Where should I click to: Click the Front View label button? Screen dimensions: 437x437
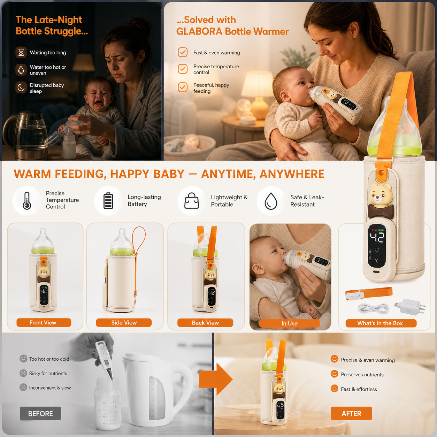[x=44, y=322]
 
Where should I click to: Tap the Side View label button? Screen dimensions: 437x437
[x=124, y=322]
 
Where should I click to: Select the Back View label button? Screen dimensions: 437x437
[x=205, y=322]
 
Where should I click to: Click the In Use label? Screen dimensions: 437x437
[x=289, y=323]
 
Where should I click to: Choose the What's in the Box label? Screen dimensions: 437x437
[x=381, y=323]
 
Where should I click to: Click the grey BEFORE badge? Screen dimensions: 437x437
[x=40, y=413]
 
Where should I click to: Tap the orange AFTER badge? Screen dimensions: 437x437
[x=351, y=413]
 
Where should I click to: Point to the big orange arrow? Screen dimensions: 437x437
[x=215, y=379]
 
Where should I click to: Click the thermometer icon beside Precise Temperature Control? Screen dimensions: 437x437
[x=27, y=201]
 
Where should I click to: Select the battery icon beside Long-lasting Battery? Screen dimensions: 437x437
[x=108, y=201]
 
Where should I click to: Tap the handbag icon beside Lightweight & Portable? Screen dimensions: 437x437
[x=192, y=201]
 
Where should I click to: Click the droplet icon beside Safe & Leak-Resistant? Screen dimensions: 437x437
[x=271, y=201]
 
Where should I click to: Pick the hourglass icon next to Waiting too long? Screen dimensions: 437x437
[x=21, y=52]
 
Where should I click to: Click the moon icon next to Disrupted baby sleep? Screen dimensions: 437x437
[x=21, y=87]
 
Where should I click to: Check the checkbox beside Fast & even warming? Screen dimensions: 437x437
[x=183, y=52]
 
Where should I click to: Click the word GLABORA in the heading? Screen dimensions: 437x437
[x=199, y=31]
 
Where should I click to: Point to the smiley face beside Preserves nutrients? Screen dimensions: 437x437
[x=334, y=374]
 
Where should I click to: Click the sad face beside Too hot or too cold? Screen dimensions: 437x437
[x=23, y=359]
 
